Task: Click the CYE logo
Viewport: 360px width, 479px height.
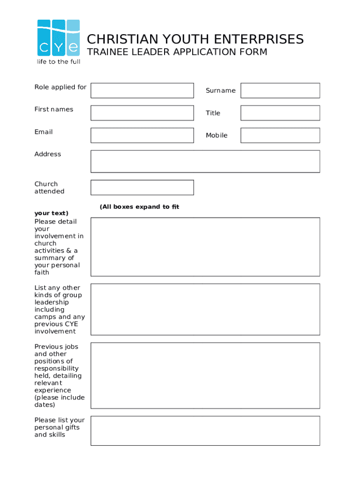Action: pyautogui.click(x=58, y=38)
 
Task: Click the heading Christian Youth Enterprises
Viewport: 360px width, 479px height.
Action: pyautogui.click(x=195, y=39)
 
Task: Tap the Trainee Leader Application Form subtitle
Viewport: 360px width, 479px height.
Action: pyautogui.click(x=177, y=52)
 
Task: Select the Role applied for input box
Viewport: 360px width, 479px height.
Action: pyautogui.click(x=142, y=91)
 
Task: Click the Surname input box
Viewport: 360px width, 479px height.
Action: pyautogui.click(x=280, y=91)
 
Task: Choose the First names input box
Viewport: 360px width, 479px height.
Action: pyautogui.click(x=142, y=113)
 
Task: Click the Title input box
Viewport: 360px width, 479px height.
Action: pyautogui.click(x=280, y=113)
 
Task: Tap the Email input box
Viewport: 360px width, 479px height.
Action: pyautogui.click(x=142, y=136)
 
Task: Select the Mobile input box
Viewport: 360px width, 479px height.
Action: pyautogui.click(x=280, y=136)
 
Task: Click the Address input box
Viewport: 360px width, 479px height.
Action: pyautogui.click(x=205, y=161)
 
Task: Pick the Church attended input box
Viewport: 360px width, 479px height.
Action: pyautogui.click(x=142, y=188)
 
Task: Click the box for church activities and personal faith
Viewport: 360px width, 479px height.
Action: pyautogui.click(x=205, y=247)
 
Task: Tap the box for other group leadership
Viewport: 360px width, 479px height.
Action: pyautogui.click(x=205, y=309)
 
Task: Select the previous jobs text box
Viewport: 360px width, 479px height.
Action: pyautogui.click(x=205, y=376)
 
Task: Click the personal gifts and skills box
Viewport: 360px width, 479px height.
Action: pyautogui.click(x=205, y=431)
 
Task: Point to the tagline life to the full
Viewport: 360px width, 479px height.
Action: pyautogui.click(x=59, y=62)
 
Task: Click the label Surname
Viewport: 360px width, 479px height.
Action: pyautogui.click(x=221, y=91)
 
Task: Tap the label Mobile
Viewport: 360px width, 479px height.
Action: pyautogui.click(x=216, y=136)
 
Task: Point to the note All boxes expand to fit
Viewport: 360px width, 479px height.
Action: pyautogui.click(x=139, y=207)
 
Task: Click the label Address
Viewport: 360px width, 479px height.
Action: pyautogui.click(x=48, y=154)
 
